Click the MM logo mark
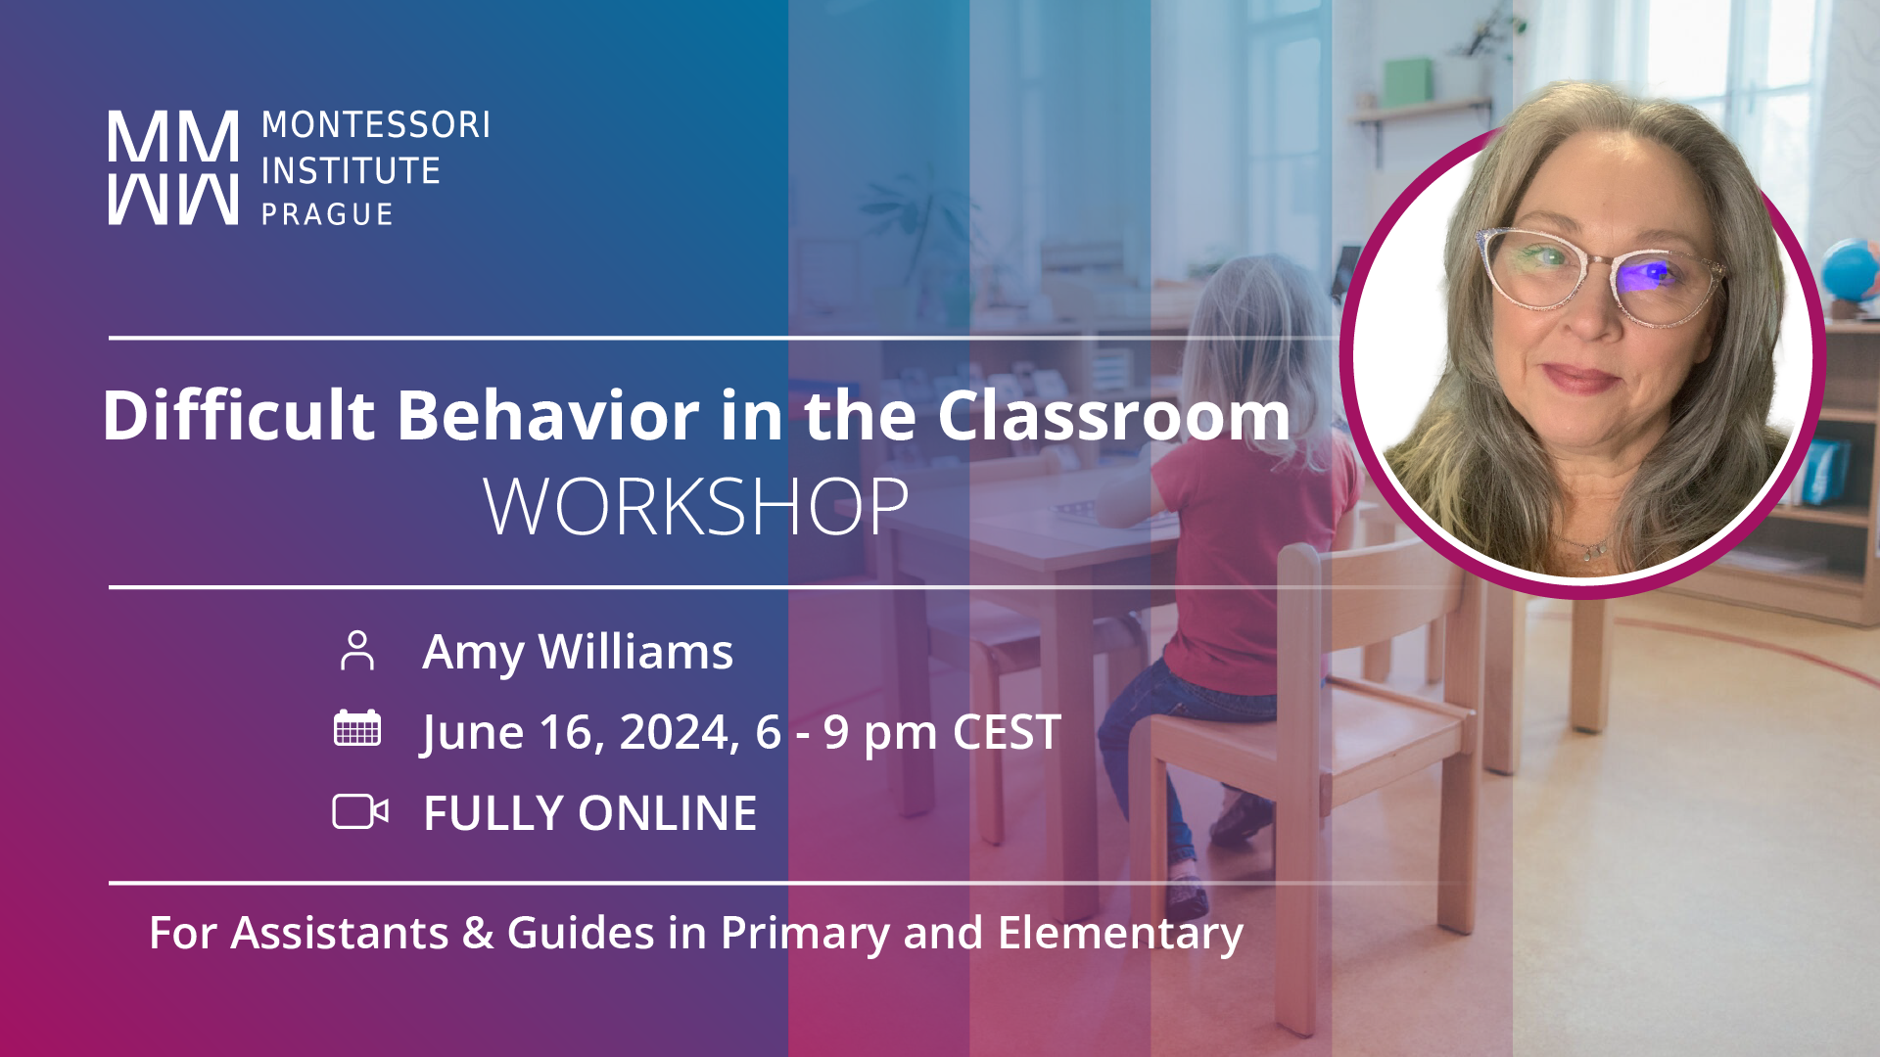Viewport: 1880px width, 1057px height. pyautogui.click(x=172, y=167)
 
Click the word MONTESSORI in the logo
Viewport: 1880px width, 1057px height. pyautogui.click(x=376, y=125)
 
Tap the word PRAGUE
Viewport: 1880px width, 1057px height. pyautogui.click(x=327, y=214)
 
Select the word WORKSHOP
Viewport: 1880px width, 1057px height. pyautogui.click(x=696, y=507)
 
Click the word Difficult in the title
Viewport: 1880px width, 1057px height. pyautogui.click(x=239, y=415)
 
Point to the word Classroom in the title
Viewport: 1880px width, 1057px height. pyautogui.click(x=1114, y=415)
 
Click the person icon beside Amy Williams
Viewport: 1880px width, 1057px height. pyautogui.click(x=357, y=651)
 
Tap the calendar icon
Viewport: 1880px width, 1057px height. pyautogui.click(x=357, y=728)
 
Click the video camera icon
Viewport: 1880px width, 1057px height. pyautogui.click(x=360, y=811)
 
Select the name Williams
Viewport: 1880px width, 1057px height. pyautogui.click(x=635, y=652)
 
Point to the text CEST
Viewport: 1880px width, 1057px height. pyautogui.click(x=1007, y=732)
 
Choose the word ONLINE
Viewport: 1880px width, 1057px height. pyautogui.click(x=668, y=813)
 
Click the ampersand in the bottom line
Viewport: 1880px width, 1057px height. pyautogui.click(x=478, y=933)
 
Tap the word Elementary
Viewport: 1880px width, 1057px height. pyautogui.click(x=1121, y=935)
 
